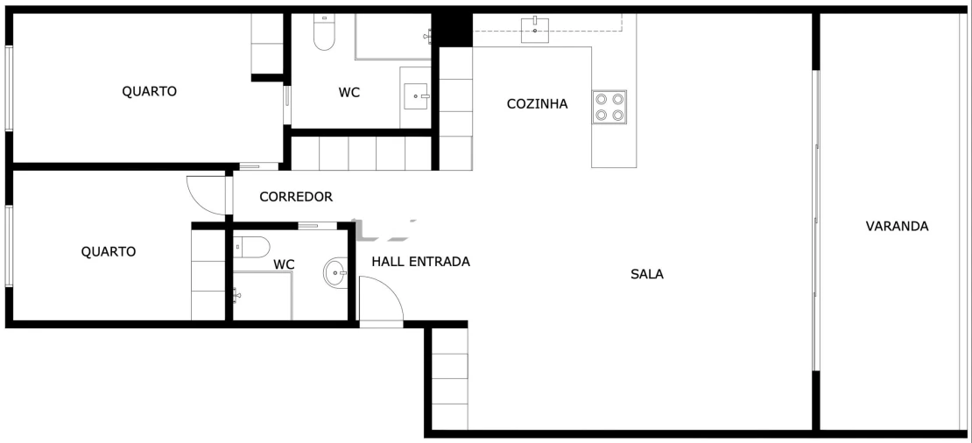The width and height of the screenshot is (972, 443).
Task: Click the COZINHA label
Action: [537, 104]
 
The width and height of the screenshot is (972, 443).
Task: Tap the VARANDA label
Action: [897, 226]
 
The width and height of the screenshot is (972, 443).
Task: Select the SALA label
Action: [647, 274]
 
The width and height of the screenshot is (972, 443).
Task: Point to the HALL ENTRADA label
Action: [420, 262]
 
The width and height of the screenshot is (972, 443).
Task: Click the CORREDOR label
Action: [296, 197]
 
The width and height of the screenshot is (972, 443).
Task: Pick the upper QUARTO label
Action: [149, 91]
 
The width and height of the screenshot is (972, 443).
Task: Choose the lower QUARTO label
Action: [109, 252]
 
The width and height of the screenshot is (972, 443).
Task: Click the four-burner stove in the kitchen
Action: [609, 106]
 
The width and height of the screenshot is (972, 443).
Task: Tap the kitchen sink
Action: [535, 28]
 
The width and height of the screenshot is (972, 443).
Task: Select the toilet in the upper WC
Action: [324, 32]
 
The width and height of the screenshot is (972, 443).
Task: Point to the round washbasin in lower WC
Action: [335, 273]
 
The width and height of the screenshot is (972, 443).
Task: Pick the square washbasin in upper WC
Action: [416, 96]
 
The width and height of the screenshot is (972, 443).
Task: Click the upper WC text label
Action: [349, 92]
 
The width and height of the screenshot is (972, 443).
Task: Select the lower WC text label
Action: [284, 264]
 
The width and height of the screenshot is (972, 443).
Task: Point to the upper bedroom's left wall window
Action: [9, 88]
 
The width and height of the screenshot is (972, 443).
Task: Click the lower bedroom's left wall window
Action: [9, 246]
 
